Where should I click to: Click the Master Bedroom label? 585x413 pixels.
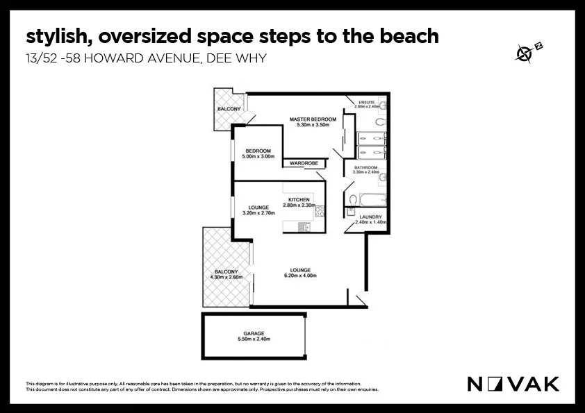pos(313,119)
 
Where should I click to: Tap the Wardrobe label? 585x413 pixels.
pos(304,163)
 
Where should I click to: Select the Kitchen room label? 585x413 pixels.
pos(299,200)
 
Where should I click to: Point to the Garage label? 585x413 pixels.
pos(253,333)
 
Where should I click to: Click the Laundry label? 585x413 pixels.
pos(368,217)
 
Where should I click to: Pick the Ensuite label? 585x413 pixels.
pos(365,102)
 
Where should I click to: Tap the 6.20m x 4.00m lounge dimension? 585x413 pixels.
pos(300,276)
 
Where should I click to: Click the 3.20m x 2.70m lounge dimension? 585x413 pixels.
pos(258,213)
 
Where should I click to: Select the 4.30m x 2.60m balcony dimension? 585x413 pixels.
pos(226,277)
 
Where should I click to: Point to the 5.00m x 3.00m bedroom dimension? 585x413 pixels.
pos(258,157)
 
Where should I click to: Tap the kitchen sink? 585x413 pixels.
pos(304,226)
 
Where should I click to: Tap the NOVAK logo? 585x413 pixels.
pos(512,383)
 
